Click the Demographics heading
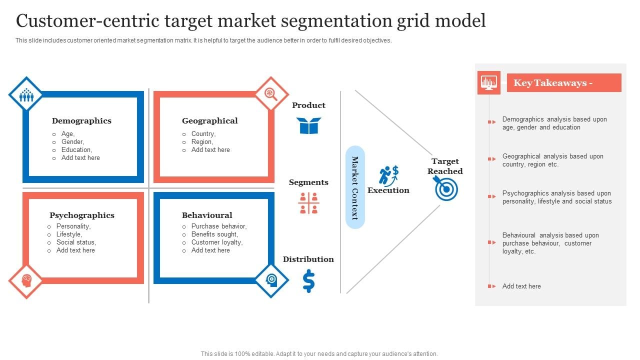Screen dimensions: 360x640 coord(81,120)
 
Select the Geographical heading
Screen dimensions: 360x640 coord(209,120)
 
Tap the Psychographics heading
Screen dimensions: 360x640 coord(82,215)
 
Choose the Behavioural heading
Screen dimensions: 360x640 coord(207,215)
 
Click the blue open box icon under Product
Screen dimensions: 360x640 coord(308,125)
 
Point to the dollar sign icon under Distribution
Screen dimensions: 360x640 coord(308,281)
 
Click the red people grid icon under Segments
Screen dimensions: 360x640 coord(308,203)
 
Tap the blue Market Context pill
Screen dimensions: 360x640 coord(355,187)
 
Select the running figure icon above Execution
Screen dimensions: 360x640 coord(388,174)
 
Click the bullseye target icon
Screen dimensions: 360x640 coord(446,189)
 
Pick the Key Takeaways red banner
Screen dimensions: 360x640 coord(563,83)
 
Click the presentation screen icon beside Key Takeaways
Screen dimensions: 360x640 coord(488,82)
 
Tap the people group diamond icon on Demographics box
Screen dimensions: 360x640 coord(26,94)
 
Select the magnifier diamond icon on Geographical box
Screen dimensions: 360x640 coord(271,93)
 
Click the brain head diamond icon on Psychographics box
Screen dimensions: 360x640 coord(26,281)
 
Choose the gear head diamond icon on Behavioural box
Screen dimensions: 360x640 coord(271,280)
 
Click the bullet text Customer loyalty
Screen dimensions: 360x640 coord(216,242)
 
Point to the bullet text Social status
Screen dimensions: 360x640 coord(76,242)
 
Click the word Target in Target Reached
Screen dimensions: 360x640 coord(445,161)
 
